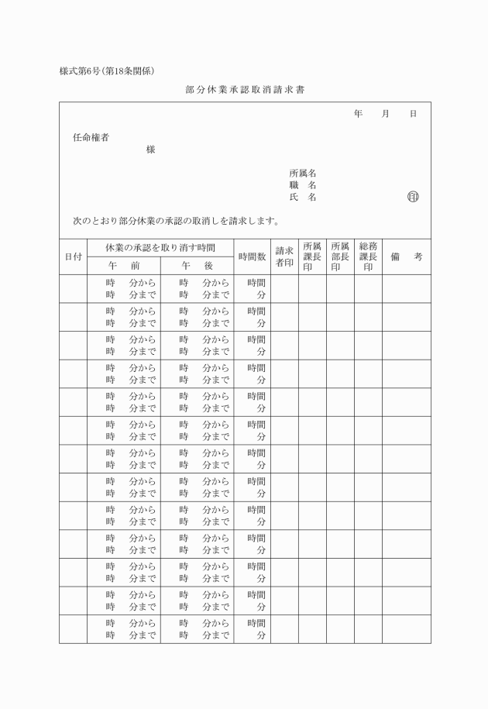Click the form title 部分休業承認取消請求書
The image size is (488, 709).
click(x=245, y=91)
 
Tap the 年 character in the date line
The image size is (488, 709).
click(x=358, y=114)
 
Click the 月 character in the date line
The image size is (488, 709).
click(x=385, y=114)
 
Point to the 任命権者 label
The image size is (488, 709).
click(x=91, y=138)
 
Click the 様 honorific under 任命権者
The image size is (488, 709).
click(x=150, y=150)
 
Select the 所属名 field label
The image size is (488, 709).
click(x=302, y=174)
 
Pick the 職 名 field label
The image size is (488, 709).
click(x=302, y=185)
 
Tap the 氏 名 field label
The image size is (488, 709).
click(x=302, y=197)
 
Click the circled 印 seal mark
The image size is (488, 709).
click(x=413, y=197)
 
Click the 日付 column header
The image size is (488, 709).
click(x=74, y=256)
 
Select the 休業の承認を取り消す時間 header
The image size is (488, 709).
click(x=160, y=247)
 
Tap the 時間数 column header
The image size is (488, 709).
click(x=252, y=256)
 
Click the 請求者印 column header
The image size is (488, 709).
click(x=284, y=256)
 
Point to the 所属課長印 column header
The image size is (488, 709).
click(x=312, y=256)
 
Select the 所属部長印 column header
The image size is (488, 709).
click(x=340, y=256)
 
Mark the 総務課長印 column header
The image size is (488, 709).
click(x=368, y=256)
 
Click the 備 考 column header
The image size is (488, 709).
click(x=406, y=256)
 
